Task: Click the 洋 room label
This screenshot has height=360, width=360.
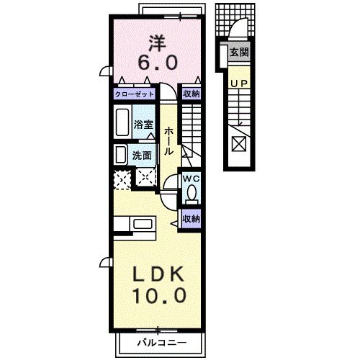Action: (157, 43)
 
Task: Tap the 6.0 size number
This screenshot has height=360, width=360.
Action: (158, 62)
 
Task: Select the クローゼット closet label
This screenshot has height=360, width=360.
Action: (134, 94)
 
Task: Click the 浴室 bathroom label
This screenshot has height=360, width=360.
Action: (143, 125)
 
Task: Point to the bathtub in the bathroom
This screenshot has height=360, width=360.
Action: (122, 122)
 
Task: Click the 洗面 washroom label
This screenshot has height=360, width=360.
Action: (142, 156)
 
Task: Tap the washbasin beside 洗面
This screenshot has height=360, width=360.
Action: (121, 155)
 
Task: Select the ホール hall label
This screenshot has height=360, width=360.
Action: (168, 141)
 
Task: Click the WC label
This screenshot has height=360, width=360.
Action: (192, 179)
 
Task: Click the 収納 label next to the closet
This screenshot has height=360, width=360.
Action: (192, 94)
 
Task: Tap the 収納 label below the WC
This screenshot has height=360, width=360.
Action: (192, 219)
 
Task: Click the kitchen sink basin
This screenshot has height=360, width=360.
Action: (143, 224)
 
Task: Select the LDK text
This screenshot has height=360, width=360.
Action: (158, 274)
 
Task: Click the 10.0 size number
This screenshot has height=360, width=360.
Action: (160, 295)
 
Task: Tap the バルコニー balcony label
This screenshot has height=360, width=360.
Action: (162, 343)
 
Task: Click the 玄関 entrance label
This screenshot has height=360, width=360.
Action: (239, 52)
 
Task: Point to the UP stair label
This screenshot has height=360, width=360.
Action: (239, 84)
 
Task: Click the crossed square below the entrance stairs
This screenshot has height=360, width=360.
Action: (239, 144)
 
